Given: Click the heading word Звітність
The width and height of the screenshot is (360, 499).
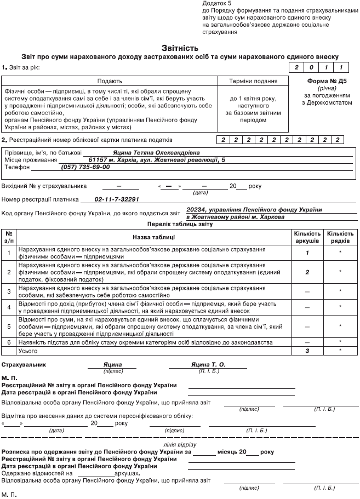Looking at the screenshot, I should [x=180, y=48].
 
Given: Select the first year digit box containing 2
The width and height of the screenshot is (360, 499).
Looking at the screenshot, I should [x=297, y=68].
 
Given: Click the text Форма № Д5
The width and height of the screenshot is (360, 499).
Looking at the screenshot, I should [x=327, y=80].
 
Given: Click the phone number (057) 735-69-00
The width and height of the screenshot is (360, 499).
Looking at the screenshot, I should [x=85, y=167].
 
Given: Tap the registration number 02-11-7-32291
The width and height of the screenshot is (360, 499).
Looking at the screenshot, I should [x=117, y=200].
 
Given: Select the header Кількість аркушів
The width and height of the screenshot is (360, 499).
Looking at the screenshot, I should [x=307, y=237].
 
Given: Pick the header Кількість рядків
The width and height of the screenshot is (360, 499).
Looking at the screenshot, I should [x=340, y=237].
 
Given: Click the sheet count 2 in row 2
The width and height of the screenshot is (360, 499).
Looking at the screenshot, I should [x=307, y=272].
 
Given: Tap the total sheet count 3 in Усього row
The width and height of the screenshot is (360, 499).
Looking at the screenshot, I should [x=307, y=349].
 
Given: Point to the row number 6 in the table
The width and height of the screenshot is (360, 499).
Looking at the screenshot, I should [x=9, y=342].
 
